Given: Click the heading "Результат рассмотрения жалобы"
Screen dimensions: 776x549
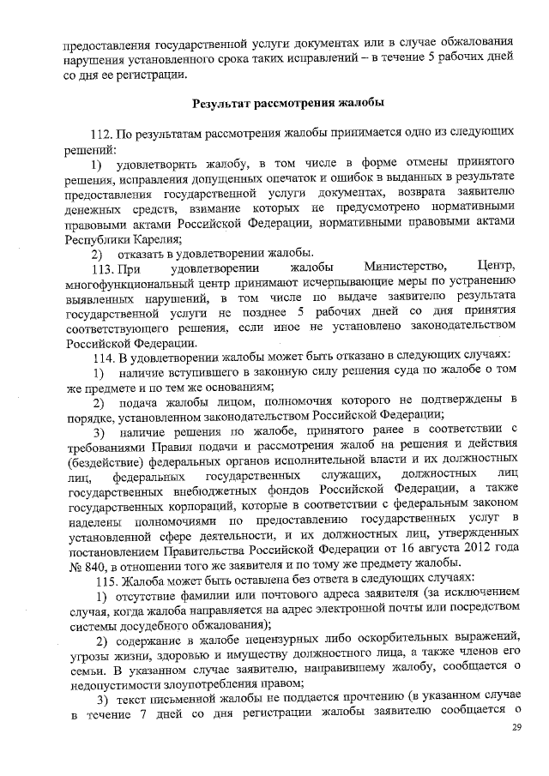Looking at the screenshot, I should click(x=287, y=103).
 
